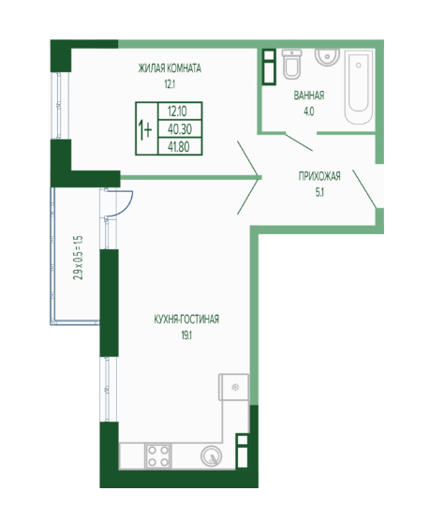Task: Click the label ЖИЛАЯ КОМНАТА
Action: point(170,68)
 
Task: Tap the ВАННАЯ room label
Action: point(309,96)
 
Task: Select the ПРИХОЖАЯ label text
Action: point(319,176)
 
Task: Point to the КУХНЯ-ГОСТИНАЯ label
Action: point(186,320)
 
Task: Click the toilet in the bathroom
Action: point(292,64)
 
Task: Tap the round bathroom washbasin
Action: point(327,57)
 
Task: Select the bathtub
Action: point(358,87)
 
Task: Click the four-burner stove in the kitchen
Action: point(158,455)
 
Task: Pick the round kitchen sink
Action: point(212,455)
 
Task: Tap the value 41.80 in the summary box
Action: point(180,146)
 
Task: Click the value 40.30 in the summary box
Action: point(180,129)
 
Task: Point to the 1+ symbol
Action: point(145,130)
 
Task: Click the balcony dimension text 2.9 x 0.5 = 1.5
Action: point(79,258)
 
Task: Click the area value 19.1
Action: point(186,335)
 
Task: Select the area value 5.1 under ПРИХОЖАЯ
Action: point(319,193)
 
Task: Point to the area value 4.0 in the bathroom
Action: point(309,112)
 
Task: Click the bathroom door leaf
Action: point(299,142)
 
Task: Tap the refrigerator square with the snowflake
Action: point(233,387)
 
